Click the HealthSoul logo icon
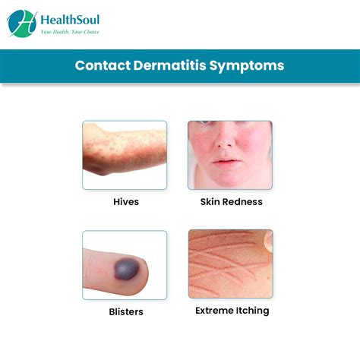click(x=22, y=23)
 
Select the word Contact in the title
click(x=99, y=65)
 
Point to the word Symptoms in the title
click(x=244, y=65)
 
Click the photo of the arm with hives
click(x=125, y=155)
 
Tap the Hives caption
click(x=125, y=202)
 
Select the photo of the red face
click(x=231, y=155)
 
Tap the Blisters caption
click(x=125, y=311)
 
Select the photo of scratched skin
click(x=231, y=264)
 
